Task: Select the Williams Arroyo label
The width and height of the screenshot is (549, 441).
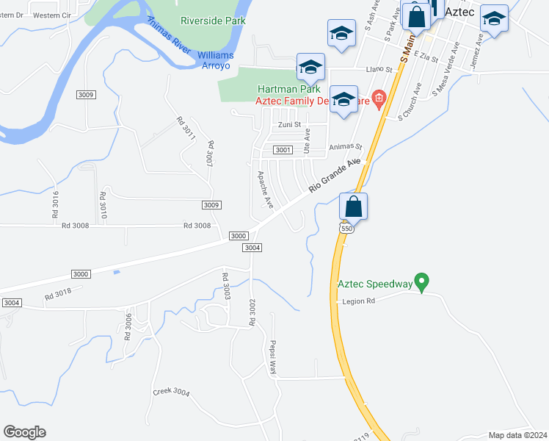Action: pos(216,60)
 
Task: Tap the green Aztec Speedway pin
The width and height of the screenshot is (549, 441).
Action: pos(421,281)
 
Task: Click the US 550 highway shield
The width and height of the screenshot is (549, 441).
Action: pos(346,229)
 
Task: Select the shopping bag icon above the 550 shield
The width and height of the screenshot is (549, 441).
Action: pos(354,207)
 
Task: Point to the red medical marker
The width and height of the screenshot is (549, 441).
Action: pos(379,98)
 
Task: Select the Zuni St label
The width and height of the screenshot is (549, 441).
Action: pos(288,125)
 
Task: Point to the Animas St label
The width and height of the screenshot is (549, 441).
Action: pos(346,147)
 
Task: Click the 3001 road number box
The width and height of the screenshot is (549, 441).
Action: pos(283,150)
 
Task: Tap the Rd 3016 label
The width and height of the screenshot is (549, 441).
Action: pos(55,208)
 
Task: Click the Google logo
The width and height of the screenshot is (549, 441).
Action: pos(24,432)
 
